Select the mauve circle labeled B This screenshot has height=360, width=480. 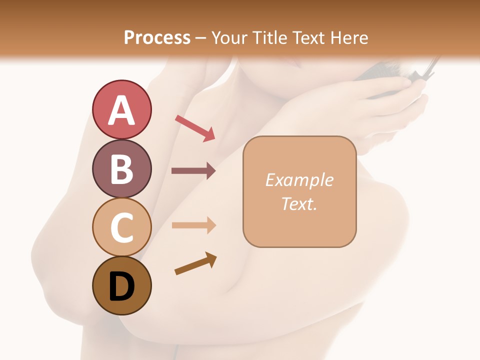click(x=121, y=168)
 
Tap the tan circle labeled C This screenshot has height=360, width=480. click(x=121, y=227)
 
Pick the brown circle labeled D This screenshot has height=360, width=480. click(x=121, y=285)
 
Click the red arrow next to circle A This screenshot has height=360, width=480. click(x=194, y=128)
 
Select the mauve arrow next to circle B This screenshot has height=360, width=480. click(x=193, y=171)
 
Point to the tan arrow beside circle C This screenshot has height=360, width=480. click(x=193, y=225)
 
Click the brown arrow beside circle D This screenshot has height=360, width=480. click(x=195, y=263)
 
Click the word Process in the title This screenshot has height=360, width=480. click(x=157, y=37)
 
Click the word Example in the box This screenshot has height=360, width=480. click(x=299, y=180)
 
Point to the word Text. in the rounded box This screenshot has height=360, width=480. click(x=299, y=203)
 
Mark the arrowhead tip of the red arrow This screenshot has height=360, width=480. click(x=214, y=139)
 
